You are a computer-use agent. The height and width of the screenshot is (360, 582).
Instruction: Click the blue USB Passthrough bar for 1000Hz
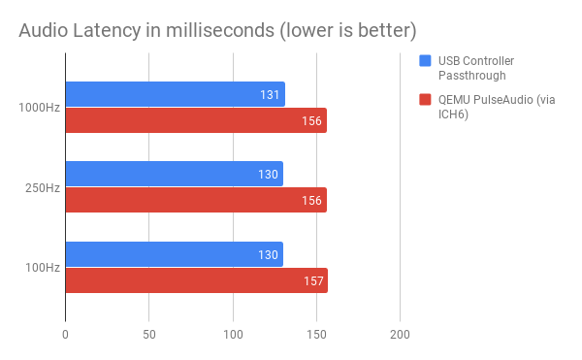[175, 94]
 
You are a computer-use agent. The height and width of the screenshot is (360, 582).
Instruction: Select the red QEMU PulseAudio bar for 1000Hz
[195, 120]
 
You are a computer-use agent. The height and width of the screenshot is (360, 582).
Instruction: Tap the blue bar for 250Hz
[174, 174]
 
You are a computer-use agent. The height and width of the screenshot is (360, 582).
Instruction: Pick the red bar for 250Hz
[195, 200]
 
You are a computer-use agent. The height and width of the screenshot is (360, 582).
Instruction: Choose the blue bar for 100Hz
[174, 254]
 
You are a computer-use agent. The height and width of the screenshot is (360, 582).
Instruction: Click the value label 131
[271, 94]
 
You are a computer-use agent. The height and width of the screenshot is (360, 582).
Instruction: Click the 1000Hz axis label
[40, 108]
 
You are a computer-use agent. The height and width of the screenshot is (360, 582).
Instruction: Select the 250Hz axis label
[43, 187]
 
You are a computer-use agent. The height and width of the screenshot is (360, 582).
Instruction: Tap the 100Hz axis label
[43, 268]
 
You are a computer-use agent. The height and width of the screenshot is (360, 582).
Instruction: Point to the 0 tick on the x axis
[65, 335]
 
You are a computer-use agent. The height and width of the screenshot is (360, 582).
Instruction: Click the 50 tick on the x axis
[148, 335]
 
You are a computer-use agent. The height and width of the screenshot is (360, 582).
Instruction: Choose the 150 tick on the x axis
[316, 335]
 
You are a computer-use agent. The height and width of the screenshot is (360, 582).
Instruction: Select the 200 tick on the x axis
[400, 335]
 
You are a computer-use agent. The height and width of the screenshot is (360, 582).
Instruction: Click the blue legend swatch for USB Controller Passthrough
[425, 61]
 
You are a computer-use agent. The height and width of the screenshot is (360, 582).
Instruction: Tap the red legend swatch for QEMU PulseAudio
[425, 99]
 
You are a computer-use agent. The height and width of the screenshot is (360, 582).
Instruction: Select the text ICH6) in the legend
[453, 114]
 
